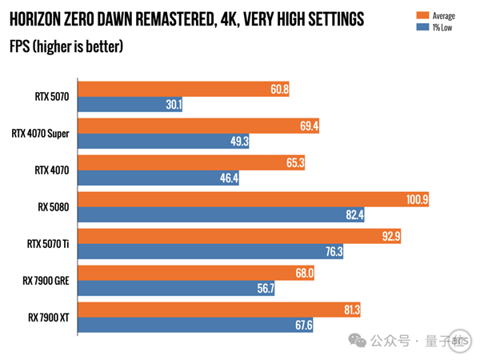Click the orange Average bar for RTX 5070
click(x=184, y=90)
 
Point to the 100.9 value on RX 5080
click(x=414, y=199)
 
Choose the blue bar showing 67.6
click(x=196, y=325)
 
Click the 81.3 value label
click(x=350, y=310)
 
